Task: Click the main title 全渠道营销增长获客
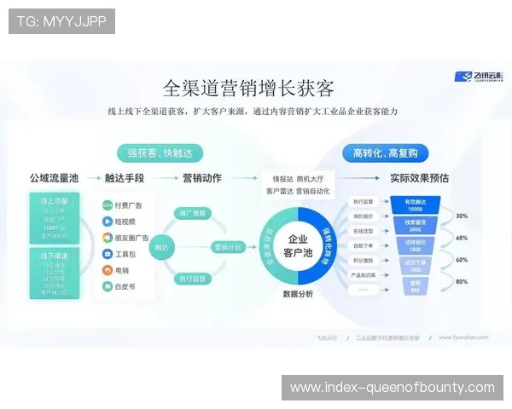point(247,89)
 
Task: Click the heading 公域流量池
point(54,179)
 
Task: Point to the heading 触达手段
point(125,179)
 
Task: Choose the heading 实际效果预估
point(419,179)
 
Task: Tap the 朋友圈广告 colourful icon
point(108,238)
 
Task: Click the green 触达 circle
point(160,247)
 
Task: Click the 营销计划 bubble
point(227,246)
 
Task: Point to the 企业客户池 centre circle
point(298,246)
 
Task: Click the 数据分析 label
point(298,294)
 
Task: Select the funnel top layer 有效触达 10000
point(414,205)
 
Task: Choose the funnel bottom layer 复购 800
point(414,286)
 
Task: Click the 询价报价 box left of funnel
point(363,216)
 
